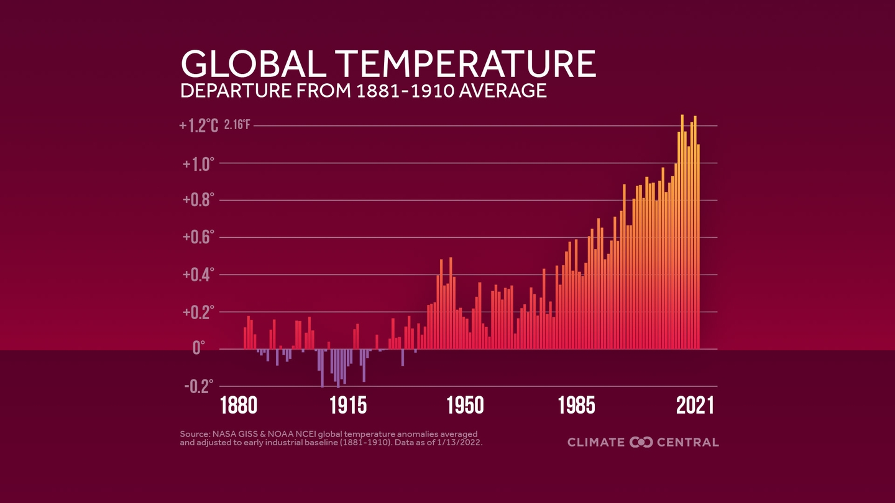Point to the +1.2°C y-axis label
click(199, 126)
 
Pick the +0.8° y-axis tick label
click(199, 201)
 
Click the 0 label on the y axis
click(198, 348)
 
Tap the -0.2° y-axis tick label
click(199, 386)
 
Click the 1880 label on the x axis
click(239, 406)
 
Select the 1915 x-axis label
click(348, 406)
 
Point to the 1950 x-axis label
click(466, 406)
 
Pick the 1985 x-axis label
click(576, 406)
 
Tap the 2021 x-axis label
click(695, 406)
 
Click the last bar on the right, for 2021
click(698, 248)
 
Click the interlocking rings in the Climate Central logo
click(641, 442)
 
